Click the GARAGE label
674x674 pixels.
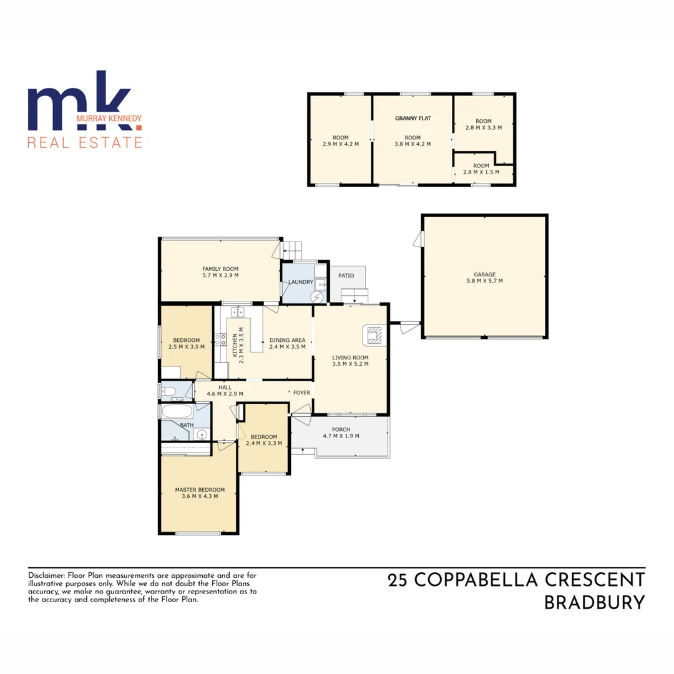[x=484, y=274]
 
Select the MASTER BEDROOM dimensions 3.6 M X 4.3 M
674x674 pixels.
[x=200, y=496]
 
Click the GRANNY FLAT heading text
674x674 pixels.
[x=413, y=118]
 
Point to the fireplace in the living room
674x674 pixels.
[x=373, y=335]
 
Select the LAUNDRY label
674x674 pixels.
[x=300, y=282]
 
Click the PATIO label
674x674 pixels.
[x=346, y=275]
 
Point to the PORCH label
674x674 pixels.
[x=341, y=429]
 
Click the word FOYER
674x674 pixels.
[x=301, y=393]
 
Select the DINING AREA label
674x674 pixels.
[x=287, y=341]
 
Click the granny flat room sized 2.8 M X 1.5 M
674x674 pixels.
[x=481, y=168]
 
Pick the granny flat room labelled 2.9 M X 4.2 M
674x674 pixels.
[x=340, y=140]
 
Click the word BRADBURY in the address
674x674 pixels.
[x=594, y=603]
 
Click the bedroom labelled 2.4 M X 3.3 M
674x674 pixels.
[x=266, y=440]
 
